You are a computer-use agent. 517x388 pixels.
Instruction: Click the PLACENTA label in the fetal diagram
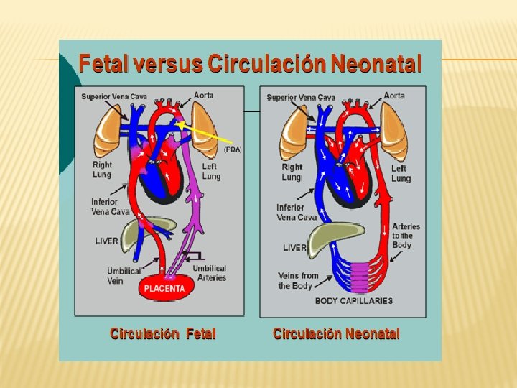click(x=164, y=289)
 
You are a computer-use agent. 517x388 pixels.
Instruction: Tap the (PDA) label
click(x=233, y=149)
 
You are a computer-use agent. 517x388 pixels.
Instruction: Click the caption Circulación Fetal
click(x=162, y=334)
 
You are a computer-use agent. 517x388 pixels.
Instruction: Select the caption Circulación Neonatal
click(x=336, y=334)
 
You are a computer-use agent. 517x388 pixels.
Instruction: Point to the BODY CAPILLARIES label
click(x=354, y=300)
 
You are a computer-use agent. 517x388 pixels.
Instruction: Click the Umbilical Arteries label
click(x=210, y=273)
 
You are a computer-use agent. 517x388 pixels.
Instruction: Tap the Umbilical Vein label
click(x=125, y=276)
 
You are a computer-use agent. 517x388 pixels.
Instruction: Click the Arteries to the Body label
click(x=406, y=235)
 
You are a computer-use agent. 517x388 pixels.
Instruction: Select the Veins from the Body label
click(x=298, y=280)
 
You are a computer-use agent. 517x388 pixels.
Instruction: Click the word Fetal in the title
click(x=101, y=65)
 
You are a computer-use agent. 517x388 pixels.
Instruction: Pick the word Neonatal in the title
click(x=376, y=65)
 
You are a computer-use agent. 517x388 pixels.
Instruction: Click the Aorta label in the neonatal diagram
click(x=394, y=95)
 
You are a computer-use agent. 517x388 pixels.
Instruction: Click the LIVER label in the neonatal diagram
click(x=294, y=248)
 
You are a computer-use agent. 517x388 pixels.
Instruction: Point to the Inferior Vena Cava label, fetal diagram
click(x=111, y=207)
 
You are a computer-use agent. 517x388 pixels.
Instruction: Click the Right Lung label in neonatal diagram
click(x=292, y=172)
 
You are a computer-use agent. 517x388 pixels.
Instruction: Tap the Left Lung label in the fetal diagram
click(x=211, y=171)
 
